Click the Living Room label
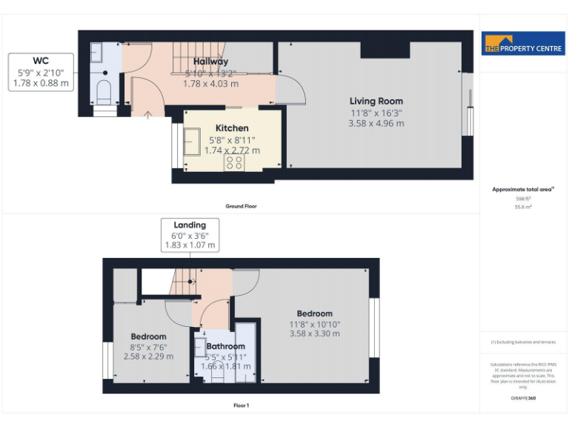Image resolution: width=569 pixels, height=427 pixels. pyautogui.click(x=376, y=102)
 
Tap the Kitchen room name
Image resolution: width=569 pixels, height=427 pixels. pyautogui.click(x=232, y=128)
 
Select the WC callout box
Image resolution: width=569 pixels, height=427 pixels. pyautogui.click(x=42, y=72)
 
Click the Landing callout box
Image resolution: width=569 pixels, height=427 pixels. pyautogui.click(x=190, y=235)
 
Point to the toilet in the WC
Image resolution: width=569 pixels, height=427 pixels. pyautogui.click(x=104, y=93)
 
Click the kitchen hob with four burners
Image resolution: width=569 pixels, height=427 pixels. pyautogui.click(x=235, y=162)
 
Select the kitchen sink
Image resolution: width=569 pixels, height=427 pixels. pyautogui.click(x=193, y=139)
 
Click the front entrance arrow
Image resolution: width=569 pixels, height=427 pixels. pyautogui.click(x=148, y=114)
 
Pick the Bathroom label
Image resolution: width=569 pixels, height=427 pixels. pyautogui.click(x=225, y=346)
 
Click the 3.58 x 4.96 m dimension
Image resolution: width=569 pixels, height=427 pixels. pyautogui.click(x=376, y=123)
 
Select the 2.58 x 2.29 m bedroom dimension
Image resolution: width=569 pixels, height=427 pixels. pyautogui.click(x=148, y=357)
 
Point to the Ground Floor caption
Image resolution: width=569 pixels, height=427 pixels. pyautogui.click(x=242, y=206)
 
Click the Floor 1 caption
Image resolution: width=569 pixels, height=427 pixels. pyautogui.click(x=242, y=406)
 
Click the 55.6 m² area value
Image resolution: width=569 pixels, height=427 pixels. pyautogui.click(x=524, y=208)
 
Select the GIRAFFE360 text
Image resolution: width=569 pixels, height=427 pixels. pyautogui.click(x=524, y=399)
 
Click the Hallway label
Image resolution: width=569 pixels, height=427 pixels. pyautogui.click(x=210, y=62)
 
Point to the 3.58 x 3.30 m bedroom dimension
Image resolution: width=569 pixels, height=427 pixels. pyautogui.click(x=314, y=334)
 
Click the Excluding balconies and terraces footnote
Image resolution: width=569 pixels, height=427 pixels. pyautogui.click(x=524, y=342)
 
